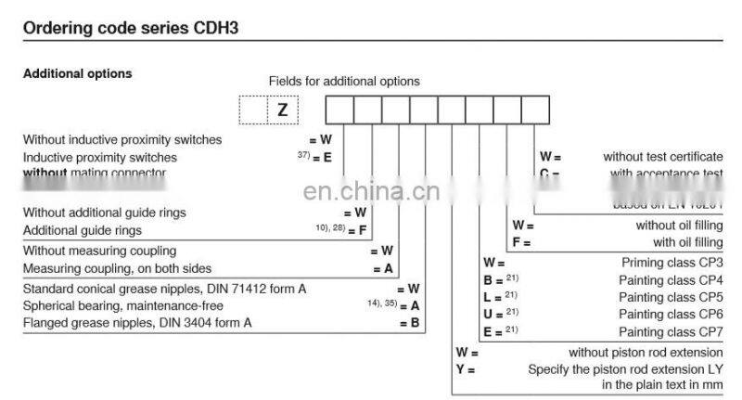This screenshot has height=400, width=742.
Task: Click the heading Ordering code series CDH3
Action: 131,29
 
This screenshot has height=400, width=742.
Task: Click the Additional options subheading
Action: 77,74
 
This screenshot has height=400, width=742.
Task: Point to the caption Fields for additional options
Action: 344,82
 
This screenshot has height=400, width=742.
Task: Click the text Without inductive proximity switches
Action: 122,140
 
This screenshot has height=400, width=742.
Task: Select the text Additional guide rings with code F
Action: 83,230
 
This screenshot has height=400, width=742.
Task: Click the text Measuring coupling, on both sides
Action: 117,269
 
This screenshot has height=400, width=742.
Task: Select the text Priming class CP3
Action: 671,263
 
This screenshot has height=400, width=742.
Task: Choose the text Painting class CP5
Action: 671,297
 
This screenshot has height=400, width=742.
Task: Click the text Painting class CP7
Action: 671,332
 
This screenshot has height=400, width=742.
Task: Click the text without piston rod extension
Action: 646,353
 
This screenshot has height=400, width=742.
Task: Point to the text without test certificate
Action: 663,157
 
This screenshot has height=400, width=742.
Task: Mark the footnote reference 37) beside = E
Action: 302,155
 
